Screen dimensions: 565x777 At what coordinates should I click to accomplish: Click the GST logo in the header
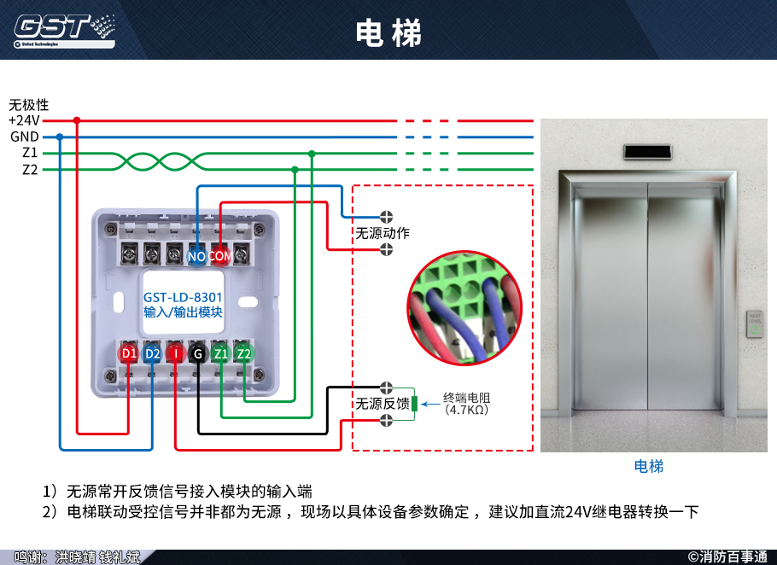tap(63, 29)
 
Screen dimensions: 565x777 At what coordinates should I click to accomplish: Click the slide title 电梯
tap(388, 32)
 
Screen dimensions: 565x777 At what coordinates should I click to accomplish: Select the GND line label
tap(24, 137)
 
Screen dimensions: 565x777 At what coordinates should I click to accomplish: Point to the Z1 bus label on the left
tap(30, 153)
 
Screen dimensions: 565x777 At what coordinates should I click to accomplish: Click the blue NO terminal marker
tap(197, 256)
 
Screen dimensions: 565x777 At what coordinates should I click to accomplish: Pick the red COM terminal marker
tap(220, 256)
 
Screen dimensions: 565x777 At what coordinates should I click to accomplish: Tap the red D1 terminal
tap(129, 353)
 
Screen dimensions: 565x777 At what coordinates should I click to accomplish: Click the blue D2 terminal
tap(152, 353)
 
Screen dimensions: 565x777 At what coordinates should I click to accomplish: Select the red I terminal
tap(175, 353)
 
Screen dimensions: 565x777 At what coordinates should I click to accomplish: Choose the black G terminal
tap(198, 353)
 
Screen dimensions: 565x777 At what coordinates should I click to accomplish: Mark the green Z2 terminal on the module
tap(244, 353)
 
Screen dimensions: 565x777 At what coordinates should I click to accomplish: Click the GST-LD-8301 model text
tap(183, 297)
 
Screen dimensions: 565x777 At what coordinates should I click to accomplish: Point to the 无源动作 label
tap(383, 233)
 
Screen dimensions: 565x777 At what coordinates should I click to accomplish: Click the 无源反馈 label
tap(383, 404)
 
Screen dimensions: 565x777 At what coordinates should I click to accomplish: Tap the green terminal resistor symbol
tap(414, 404)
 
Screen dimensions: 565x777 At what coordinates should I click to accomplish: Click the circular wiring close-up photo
tap(464, 308)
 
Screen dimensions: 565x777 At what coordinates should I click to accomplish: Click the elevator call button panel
tap(755, 323)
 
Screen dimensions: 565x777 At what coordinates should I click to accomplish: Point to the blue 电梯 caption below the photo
tap(649, 466)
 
